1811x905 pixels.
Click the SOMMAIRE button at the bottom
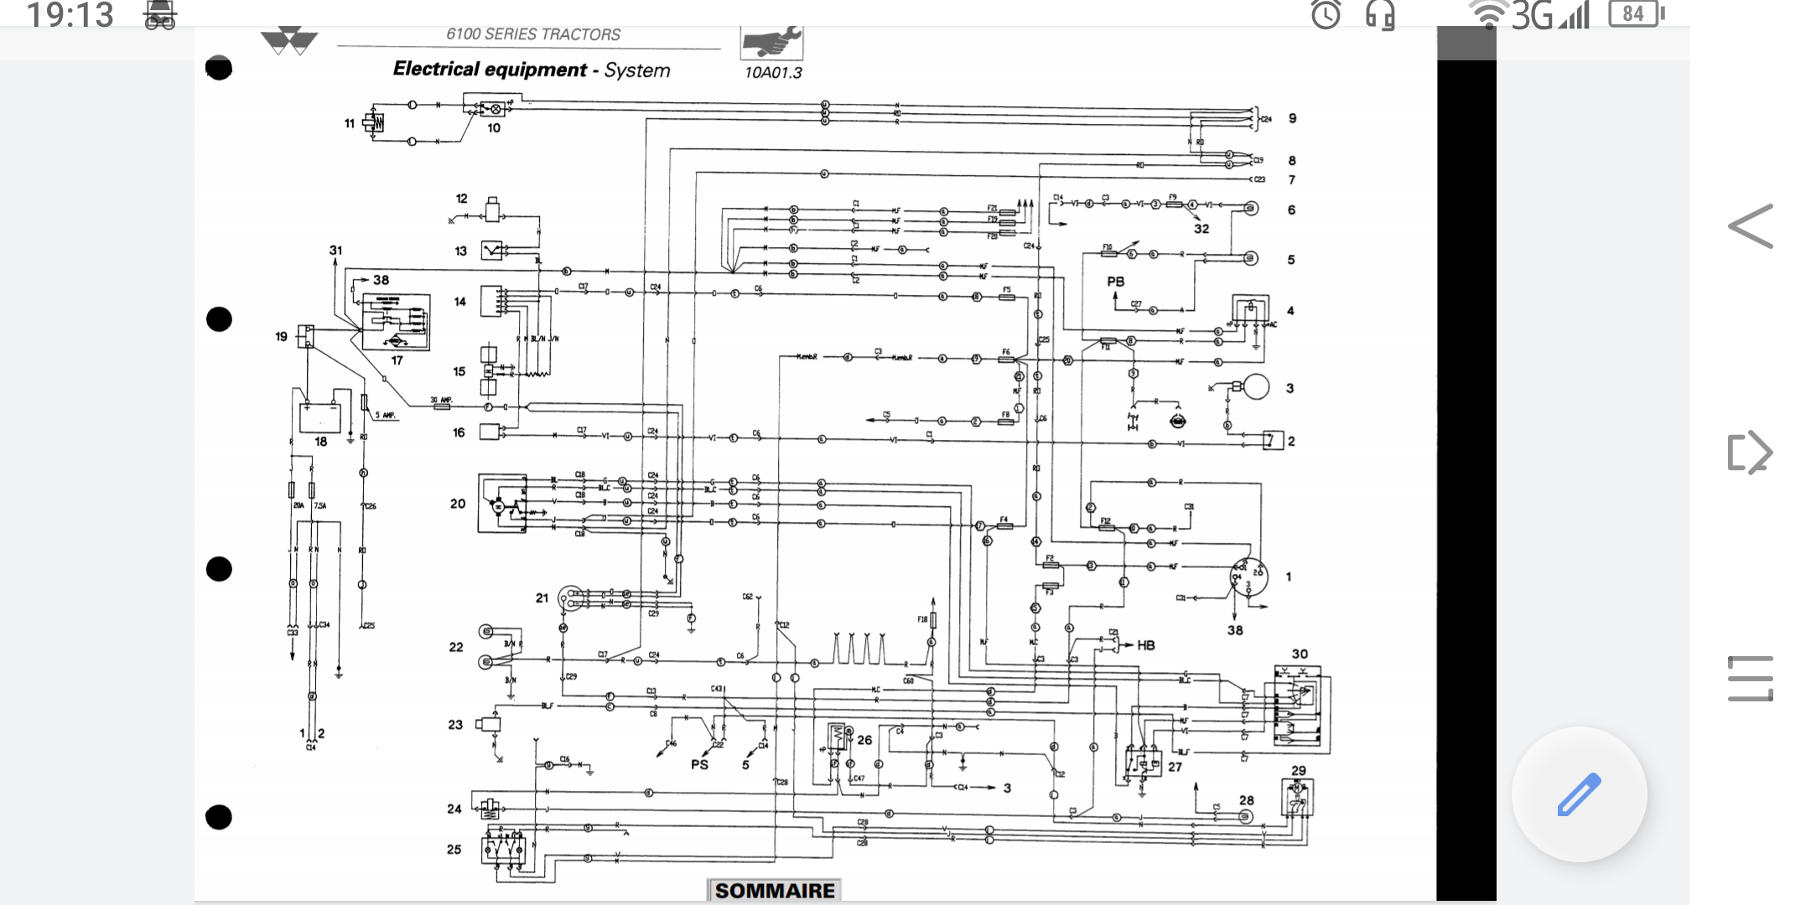(774, 890)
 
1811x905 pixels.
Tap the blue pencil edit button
(1579, 794)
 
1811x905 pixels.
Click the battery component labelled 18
(319, 416)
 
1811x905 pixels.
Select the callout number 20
(457, 504)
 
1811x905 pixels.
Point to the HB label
(1145, 645)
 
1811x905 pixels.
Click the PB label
(1115, 282)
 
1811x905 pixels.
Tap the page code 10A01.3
(773, 73)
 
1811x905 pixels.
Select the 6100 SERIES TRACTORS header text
(533, 34)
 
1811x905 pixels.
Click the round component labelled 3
(1256, 387)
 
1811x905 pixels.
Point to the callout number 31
(335, 250)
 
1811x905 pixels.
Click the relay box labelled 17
(396, 323)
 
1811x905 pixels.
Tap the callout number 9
(1292, 118)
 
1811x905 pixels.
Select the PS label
(699, 764)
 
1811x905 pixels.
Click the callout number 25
(454, 849)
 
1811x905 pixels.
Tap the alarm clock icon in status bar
(1326, 15)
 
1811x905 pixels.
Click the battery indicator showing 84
(1635, 14)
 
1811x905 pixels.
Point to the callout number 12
(461, 199)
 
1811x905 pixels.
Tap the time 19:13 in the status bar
(70, 15)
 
